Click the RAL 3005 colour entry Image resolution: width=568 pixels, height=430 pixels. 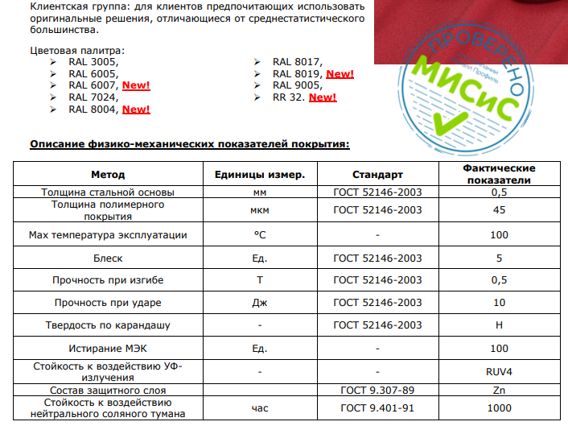(93, 61)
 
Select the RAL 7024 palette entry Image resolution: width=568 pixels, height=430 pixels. (93, 97)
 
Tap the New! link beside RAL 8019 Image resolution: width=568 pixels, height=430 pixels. (340, 73)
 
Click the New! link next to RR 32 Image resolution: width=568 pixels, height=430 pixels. (323, 97)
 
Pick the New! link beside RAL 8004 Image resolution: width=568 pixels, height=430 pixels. (136, 109)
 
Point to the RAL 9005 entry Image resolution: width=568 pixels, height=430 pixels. (297, 85)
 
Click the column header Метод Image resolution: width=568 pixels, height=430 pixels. (108, 174)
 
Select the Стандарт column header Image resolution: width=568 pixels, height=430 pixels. (377, 174)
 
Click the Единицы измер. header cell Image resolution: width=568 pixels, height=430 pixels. (258, 174)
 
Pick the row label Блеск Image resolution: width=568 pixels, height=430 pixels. (108, 258)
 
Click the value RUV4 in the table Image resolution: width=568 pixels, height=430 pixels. (499, 372)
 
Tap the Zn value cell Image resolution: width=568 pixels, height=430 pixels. (499, 390)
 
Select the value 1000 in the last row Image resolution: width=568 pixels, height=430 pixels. (499, 407)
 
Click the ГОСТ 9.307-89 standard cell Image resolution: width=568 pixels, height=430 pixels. (377, 390)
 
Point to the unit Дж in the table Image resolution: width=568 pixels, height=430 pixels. (259, 303)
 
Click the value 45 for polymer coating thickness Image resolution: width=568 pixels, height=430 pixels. (499, 210)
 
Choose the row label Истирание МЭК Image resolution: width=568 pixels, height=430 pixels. (108, 348)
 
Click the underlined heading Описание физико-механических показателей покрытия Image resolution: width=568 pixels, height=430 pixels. (189, 144)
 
